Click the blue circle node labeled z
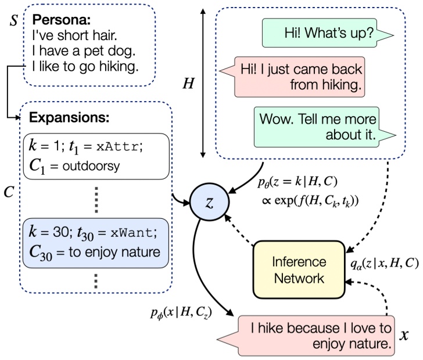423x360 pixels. [210, 202]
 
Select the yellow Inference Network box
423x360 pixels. [299, 269]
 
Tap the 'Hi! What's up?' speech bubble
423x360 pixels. [328, 33]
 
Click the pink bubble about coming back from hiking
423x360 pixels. [292, 77]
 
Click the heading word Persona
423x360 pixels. [61, 19]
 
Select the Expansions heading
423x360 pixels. [69, 117]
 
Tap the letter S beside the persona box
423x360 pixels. [13, 20]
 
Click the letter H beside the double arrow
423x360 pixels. [188, 83]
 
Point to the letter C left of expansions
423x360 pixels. [9, 192]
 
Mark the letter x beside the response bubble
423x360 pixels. [404, 335]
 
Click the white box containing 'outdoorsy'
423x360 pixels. [96, 156]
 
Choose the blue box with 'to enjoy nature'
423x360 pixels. [96, 243]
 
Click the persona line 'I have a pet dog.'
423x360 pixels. [84, 51]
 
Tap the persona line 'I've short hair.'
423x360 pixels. [74, 35]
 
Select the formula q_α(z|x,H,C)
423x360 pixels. [385, 264]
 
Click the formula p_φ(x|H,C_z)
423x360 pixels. [181, 313]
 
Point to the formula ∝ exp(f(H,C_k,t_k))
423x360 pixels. [310, 201]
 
